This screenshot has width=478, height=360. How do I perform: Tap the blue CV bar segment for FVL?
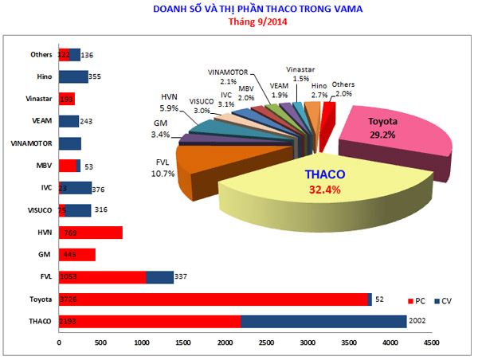160,277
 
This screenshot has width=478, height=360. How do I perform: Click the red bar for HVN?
91,233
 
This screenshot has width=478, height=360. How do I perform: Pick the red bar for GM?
77,255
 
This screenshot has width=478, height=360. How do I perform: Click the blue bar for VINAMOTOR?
70,143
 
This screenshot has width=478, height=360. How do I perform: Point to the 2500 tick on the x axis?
266,342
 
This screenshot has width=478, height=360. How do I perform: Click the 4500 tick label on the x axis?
431,342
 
